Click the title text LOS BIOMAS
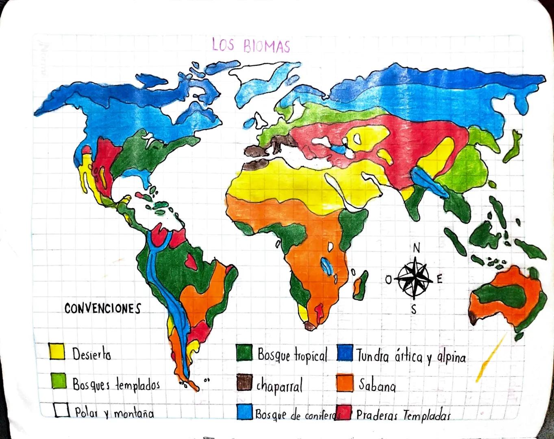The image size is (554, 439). tap(251, 45)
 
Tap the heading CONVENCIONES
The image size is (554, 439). tap(102, 309)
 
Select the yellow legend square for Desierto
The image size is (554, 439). tap(56, 351)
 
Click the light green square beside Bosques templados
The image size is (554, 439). tap(59, 381)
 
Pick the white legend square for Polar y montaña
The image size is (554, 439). tap(62, 410)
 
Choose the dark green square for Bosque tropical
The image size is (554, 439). tap(244, 352)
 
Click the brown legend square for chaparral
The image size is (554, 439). tap(244, 383)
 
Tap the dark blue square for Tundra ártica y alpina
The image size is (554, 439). tap(345, 353)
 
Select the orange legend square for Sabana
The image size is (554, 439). tap(345, 383)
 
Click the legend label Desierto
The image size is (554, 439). tap(91, 354)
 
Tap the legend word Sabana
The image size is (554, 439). tap(377, 385)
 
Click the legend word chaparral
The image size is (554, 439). tap(279, 386)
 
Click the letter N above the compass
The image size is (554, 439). tap(416, 248)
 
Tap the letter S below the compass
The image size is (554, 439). tap(414, 310)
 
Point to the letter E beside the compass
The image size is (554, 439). tap(439, 279)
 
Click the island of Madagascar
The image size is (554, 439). tap(359, 285)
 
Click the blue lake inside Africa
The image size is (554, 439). tap(326, 266)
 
